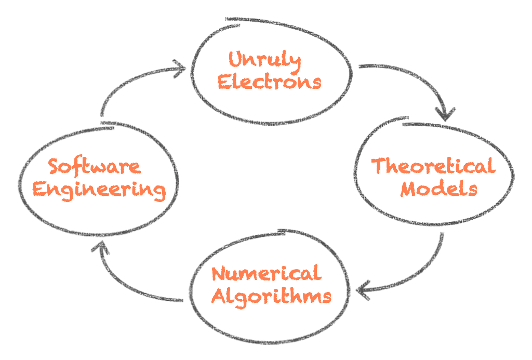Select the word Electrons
tap(269, 82)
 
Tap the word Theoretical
tap(432, 167)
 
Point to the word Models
tap(438, 188)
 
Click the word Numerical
tap(267, 274)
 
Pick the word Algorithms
tap(272, 296)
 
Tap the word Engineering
tap(99, 189)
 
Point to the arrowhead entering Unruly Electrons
tap(180, 68)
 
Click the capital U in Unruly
tap(235, 61)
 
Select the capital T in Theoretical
tap(379, 166)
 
